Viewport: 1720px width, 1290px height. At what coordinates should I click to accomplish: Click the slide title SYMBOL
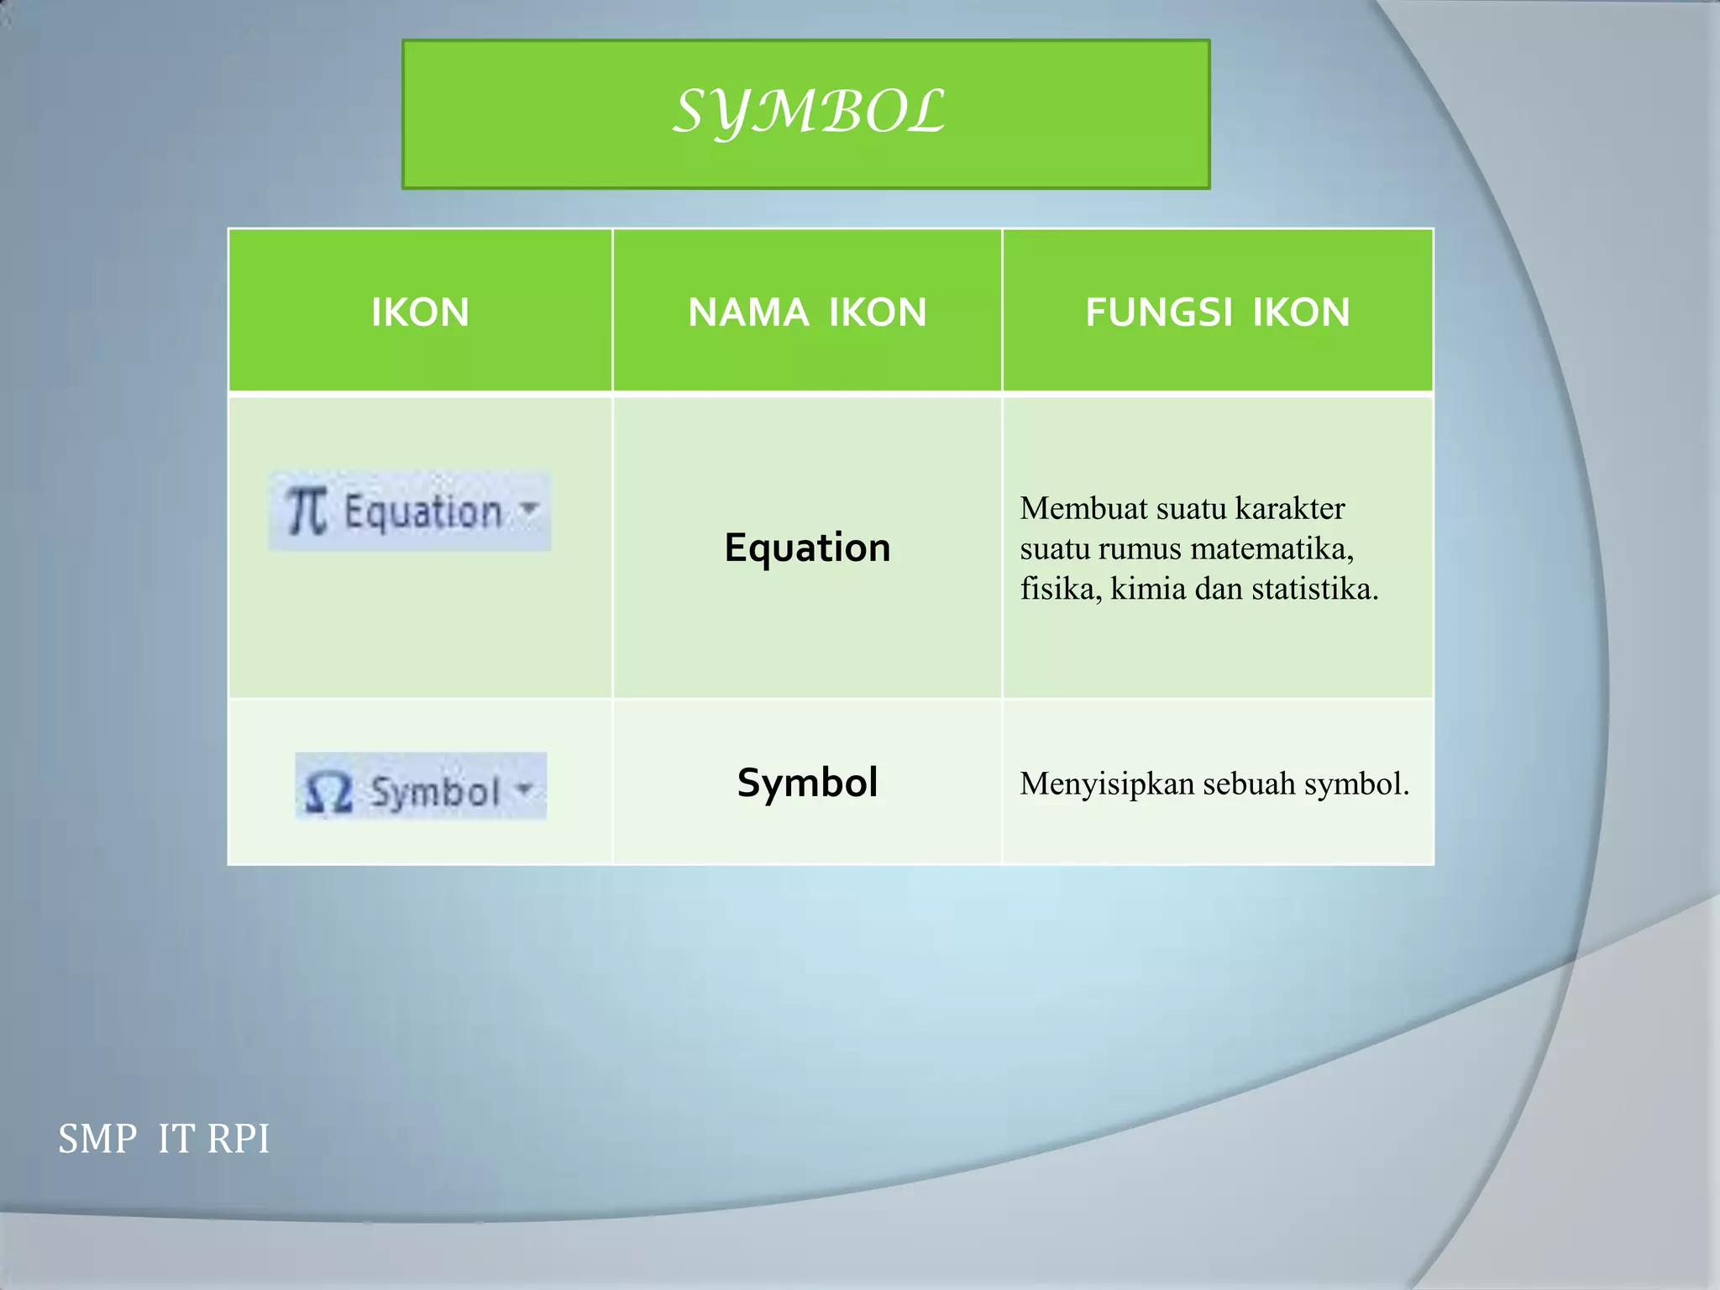tap(809, 112)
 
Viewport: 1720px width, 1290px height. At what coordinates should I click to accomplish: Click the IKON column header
tap(420, 312)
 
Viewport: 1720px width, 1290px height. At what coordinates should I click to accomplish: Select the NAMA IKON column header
tap(807, 312)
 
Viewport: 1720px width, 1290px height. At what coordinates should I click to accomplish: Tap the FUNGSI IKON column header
tap(1217, 312)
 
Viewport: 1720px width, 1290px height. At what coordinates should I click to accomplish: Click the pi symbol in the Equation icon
tap(306, 511)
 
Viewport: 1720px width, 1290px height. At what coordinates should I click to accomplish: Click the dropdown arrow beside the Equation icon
tap(529, 508)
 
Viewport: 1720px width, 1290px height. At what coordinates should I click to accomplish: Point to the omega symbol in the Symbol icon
tap(328, 791)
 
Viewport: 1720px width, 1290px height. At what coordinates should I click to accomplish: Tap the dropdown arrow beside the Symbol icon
tap(525, 789)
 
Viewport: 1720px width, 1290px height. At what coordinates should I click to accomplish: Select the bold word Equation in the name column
tap(807, 548)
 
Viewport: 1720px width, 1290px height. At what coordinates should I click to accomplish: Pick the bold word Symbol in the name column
tap(807, 783)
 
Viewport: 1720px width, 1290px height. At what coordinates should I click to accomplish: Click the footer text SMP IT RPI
tap(164, 1139)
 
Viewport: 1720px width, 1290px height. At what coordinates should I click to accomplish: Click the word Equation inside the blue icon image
tap(422, 511)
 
